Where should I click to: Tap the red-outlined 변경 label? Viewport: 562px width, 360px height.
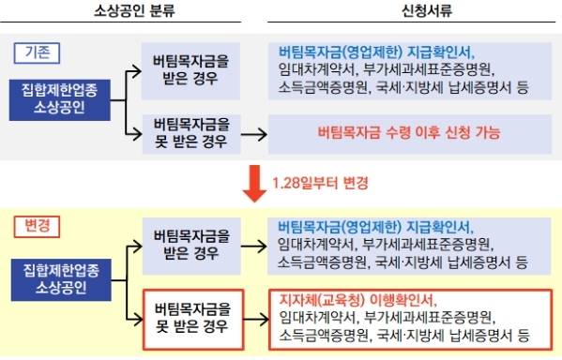point(37,227)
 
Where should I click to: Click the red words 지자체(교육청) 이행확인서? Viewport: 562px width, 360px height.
point(355,300)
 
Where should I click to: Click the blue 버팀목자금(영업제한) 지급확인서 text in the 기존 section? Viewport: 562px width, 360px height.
point(377,51)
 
